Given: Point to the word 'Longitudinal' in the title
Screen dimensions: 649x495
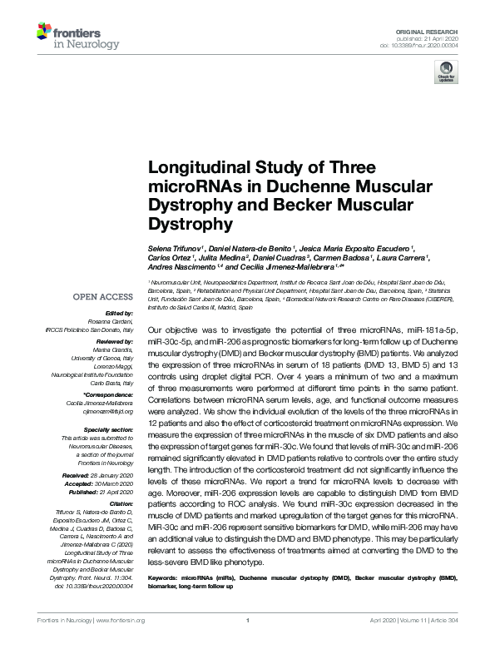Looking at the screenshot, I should click(x=192, y=166).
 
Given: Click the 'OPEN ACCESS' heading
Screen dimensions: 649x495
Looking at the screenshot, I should click(x=103, y=297).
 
